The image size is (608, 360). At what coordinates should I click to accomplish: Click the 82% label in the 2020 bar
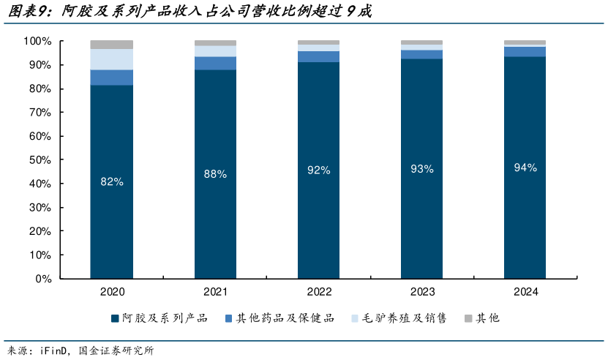(111, 182)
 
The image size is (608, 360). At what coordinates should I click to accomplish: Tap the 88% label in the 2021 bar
(215, 174)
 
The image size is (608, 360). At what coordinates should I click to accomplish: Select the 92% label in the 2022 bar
(319, 170)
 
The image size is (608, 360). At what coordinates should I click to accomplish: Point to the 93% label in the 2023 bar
(422, 169)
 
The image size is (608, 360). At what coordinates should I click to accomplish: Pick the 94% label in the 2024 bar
(525, 168)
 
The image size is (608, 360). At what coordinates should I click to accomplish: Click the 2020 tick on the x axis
(111, 292)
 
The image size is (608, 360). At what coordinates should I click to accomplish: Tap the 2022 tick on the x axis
(319, 292)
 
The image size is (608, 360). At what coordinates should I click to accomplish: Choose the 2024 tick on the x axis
(525, 292)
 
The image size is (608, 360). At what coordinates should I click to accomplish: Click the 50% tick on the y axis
(40, 160)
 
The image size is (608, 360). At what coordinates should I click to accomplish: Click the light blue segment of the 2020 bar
(111, 59)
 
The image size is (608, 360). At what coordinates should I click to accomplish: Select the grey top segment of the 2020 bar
(111, 45)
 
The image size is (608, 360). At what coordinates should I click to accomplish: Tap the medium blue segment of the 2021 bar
(215, 63)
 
